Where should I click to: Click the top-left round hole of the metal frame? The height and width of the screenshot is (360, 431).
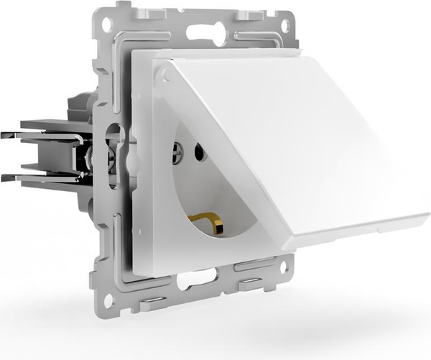[x=107, y=24]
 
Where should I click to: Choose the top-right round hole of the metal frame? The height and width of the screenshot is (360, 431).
[x=284, y=24]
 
